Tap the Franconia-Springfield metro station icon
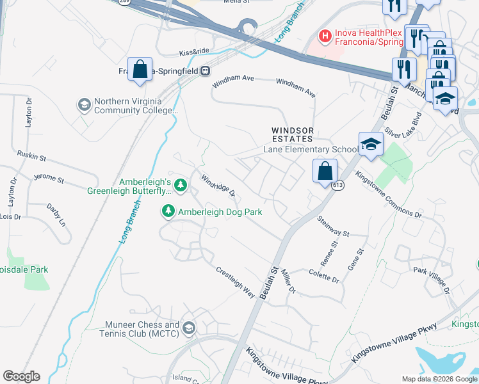click(206, 70)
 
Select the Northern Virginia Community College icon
click(84, 104)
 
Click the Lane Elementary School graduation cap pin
click(370, 145)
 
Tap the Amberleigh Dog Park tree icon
click(168, 211)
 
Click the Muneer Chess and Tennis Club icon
click(188, 328)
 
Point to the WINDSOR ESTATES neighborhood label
click(291, 134)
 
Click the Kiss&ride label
click(195, 52)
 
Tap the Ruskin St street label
click(32, 156)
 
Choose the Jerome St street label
click(49, 180)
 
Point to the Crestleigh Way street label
click(235, 282)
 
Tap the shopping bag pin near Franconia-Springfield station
click(140, 70)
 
